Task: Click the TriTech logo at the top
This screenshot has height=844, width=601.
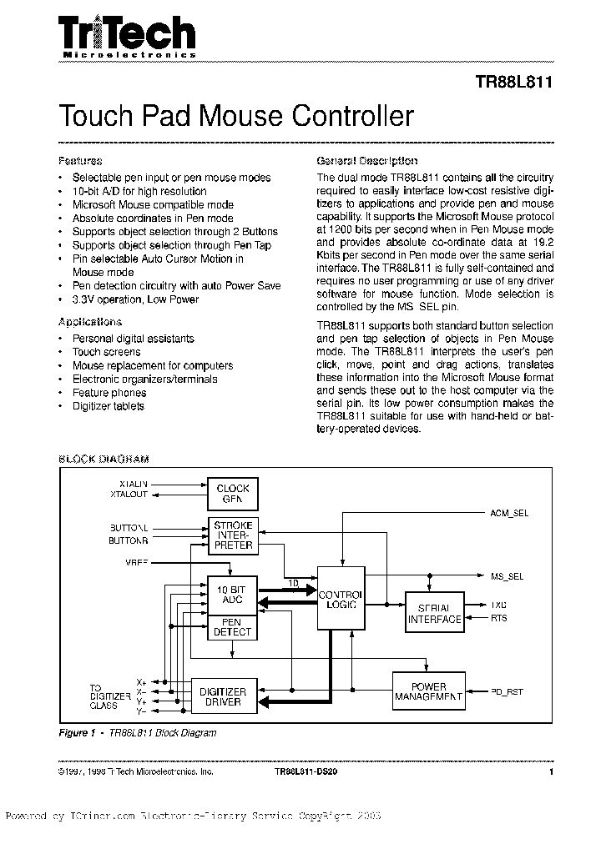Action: coord(127,36)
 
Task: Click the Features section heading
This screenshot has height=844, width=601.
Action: coord(80,160)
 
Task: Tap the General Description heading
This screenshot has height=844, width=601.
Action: coord(367,160)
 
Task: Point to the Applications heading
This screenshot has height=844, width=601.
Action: coord(90,322)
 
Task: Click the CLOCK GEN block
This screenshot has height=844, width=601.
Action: coord(233,494)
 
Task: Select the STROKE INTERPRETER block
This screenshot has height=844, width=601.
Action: coord(233,535)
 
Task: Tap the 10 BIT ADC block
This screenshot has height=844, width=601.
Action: coord(233,595)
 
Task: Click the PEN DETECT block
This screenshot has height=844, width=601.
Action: coord(233,627)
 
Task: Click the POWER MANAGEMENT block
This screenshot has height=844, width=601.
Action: coord(428,691)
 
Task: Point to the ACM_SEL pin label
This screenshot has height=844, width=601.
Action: coord(509,514)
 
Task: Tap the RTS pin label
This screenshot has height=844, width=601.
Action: coord(499,618)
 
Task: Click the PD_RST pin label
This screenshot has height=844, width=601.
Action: coord(508,691)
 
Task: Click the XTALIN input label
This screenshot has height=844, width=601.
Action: coord(133,484)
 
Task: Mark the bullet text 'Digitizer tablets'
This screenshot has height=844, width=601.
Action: coord(109,406)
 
